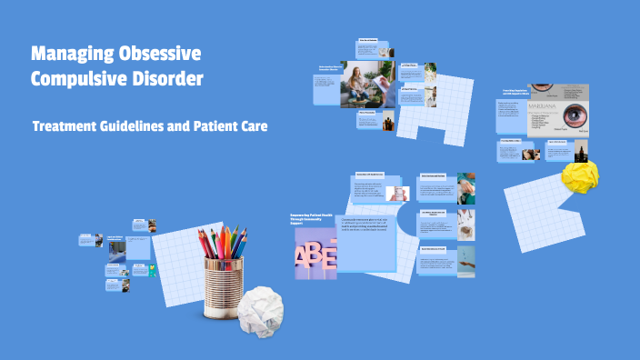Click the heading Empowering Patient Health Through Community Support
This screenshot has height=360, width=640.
[311, 219]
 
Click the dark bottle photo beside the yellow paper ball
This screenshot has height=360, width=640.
[578, 150]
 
